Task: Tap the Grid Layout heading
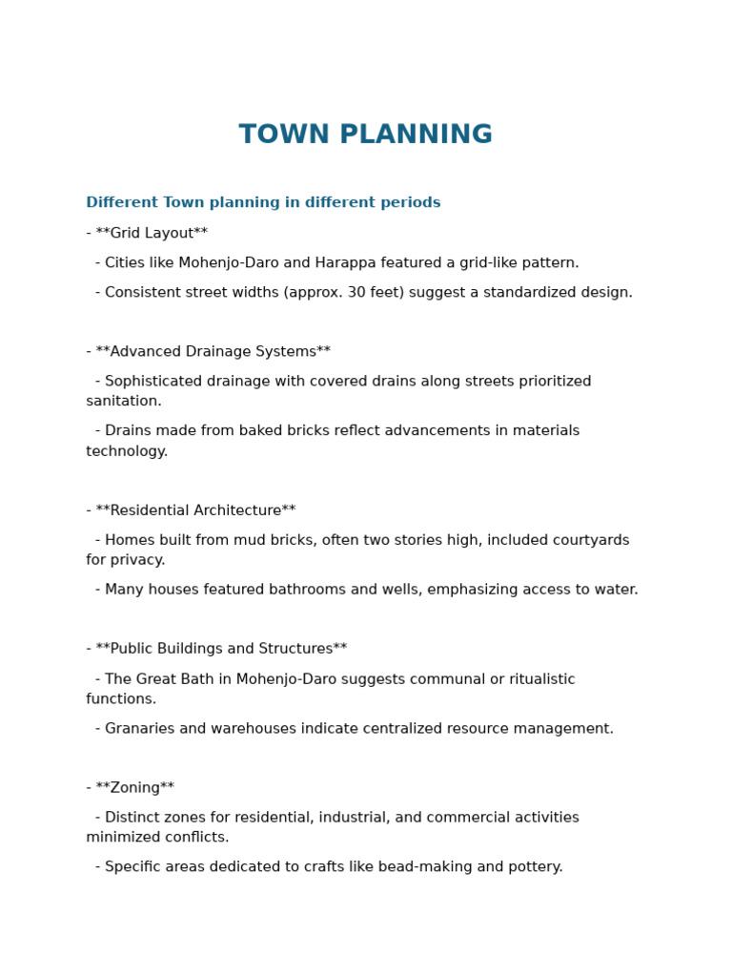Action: (152, 233)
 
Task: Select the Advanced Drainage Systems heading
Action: (213, 351)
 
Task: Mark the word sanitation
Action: (123, 401)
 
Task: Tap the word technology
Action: (126, 450)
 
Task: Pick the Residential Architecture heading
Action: (195, 510)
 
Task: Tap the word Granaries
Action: (139, 728)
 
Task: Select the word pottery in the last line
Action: (535, 866)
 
